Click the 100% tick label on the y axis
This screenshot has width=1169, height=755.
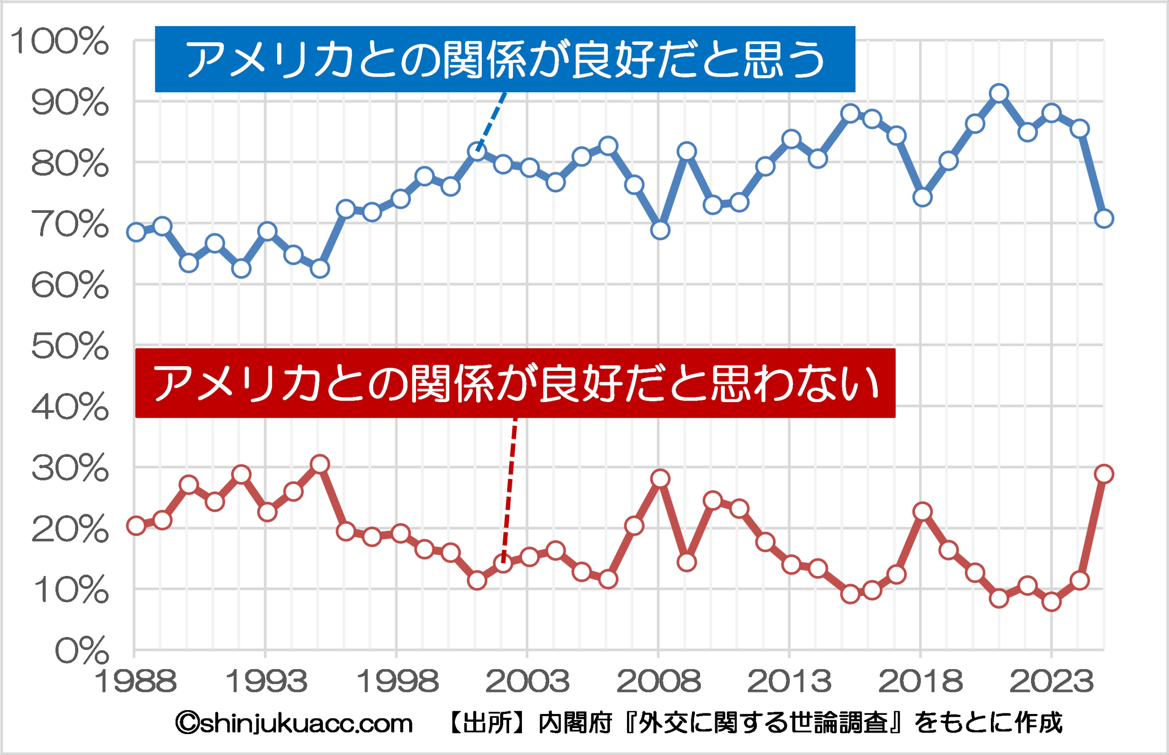[x=59, y=41]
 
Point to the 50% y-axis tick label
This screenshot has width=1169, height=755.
[x=69, y=346]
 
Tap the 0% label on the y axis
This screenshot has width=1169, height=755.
[x=81, y=651]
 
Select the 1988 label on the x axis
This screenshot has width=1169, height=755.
[x=135, y=682]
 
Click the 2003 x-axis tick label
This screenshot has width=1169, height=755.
[x=527, y=682]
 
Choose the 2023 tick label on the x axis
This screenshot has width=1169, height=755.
[x=1051, y=682]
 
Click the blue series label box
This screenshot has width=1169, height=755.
[x=505, y=59]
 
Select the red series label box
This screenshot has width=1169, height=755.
[x=515, y=383]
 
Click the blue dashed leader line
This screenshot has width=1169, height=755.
[x=492, y=121]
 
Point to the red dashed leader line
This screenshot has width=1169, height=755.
[x=510, y=490]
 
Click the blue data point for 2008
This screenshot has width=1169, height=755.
[x=660, y=230]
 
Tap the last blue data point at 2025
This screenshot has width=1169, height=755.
[x=1104, y=219]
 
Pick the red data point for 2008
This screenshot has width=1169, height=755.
[x=660, y=478]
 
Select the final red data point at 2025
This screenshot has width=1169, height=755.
[x=1104, y=474]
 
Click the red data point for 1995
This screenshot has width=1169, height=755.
[x=320, y=464]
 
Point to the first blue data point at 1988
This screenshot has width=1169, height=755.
[x=136, y=232]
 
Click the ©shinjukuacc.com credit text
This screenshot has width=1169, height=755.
[x=294, y=723]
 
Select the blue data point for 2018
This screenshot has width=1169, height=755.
[x=922, y=197]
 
